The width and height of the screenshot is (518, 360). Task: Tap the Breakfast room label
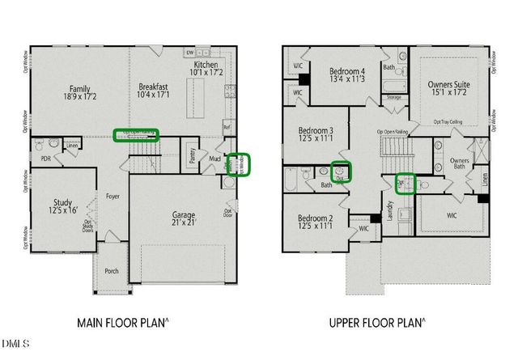(x=152, y=89)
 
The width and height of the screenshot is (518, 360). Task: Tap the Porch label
(x=112, y=270)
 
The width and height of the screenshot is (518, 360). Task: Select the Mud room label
(x=214, y=159)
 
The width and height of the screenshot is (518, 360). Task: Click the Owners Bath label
(x=461, y=163)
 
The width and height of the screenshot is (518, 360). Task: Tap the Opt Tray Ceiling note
(x=448, y=122)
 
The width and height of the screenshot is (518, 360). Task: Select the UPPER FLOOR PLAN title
(x=376, y=322)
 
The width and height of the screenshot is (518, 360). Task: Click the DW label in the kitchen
(x=189, y=53)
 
